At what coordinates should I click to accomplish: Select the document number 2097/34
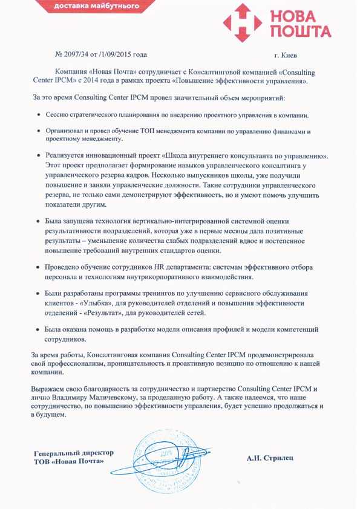(x=79, y=55)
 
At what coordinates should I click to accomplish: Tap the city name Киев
(x=287, y=55)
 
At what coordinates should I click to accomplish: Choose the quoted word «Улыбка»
(x=103, y=302)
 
